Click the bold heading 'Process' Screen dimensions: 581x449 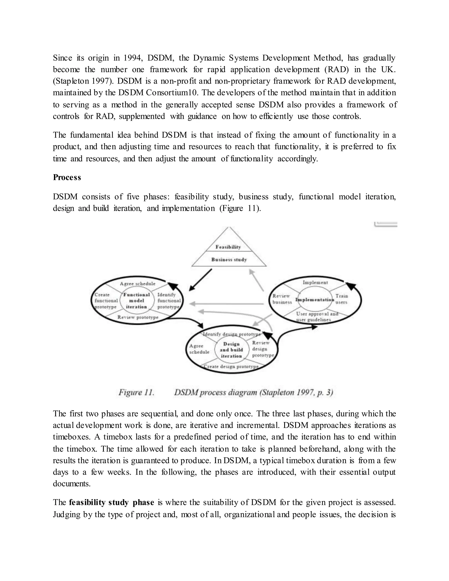[x=67, y=177]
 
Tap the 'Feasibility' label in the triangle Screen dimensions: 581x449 [x=228, y=247]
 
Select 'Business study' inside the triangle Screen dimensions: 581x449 [x=229, y=260]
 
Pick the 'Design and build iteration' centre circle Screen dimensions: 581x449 [x=231, y=350]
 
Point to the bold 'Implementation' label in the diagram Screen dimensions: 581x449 [x=315, y=300]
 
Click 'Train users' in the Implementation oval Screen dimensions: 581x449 [x=342, y=299]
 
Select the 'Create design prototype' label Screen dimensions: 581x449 [x=231, y=367]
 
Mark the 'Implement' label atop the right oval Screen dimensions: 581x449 [x=315, y=283]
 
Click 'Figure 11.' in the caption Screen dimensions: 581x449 [x=136, y=392]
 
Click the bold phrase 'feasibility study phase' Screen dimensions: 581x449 [x=111, y=502]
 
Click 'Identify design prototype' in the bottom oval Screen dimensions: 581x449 [x=232, y=334]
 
